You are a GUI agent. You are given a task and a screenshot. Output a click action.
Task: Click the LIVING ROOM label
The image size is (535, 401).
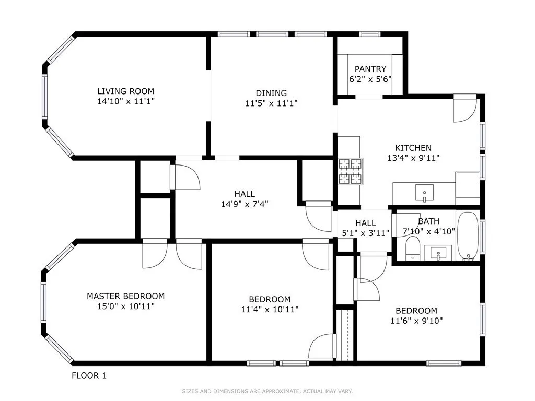[125, 91]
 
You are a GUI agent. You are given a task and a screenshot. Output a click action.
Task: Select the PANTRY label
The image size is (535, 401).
[370, 69]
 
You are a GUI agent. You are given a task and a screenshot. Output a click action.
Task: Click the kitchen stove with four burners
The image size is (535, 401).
[351, 172]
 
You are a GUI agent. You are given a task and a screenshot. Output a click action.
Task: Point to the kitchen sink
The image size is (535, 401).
[424, 193]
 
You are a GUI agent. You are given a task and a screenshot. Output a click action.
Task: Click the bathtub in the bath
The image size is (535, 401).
[468, 236]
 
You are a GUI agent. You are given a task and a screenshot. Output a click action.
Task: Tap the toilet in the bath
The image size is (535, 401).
[413, 247]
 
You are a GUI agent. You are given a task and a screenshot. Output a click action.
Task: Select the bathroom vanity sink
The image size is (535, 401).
[438, 254]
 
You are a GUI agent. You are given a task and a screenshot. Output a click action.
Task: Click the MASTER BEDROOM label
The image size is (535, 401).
[125, 296]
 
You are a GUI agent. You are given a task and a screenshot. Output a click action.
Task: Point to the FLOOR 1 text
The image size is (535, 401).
[89, 375]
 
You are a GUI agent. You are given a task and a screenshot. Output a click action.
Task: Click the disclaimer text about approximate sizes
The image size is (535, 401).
[267, 391]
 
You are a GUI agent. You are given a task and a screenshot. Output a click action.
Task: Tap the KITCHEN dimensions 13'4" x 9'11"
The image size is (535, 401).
[413, 158]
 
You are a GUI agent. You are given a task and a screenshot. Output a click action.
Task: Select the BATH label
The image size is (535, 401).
[428, 221]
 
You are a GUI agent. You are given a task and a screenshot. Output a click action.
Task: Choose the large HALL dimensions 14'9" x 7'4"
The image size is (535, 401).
[245, 204]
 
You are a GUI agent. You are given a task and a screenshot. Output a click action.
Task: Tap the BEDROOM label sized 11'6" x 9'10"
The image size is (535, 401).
[416, 311]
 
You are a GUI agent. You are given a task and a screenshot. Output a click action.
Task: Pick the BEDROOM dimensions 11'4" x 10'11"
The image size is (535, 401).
[269, 309]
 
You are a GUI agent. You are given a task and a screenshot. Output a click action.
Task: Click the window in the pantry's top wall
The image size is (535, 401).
[369, 34]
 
